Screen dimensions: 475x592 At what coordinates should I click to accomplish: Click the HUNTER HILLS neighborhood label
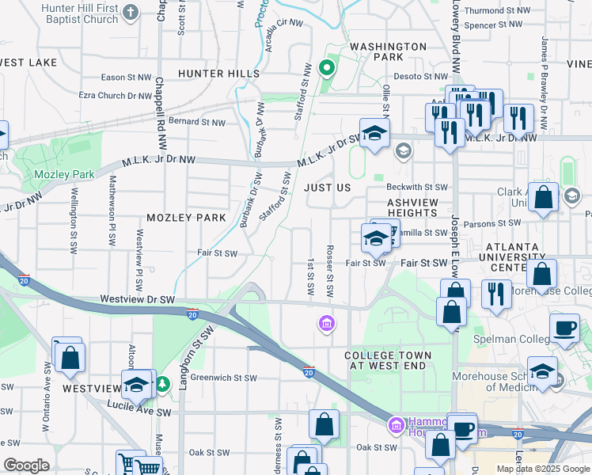pos(218,74)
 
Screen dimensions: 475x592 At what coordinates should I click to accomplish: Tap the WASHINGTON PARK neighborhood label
pos(388,52)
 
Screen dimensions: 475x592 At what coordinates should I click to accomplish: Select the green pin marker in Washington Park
pos(325,67)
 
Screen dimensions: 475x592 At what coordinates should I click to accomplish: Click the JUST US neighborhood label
pos(327,188)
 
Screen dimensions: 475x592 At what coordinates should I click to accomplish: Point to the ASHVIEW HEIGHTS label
pos(412,208)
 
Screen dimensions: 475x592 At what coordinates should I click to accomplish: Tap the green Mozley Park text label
pos(64,174)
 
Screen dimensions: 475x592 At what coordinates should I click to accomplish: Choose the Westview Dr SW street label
pos(138,300)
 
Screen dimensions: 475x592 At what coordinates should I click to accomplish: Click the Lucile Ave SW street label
pos(139,412)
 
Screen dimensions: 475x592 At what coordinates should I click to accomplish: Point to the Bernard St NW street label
pos(197,123)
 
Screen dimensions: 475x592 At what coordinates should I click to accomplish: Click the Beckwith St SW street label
pos(417,188)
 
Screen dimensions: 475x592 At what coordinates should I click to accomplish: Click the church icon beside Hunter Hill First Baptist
pos(131,12)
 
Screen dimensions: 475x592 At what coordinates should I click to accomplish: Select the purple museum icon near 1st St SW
pos(325,322)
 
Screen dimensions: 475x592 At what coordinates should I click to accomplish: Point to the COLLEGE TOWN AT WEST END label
pos(388,362)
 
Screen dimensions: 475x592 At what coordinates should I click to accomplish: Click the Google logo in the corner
pos(26,465)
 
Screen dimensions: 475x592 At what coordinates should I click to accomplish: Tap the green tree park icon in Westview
pos(162,384)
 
